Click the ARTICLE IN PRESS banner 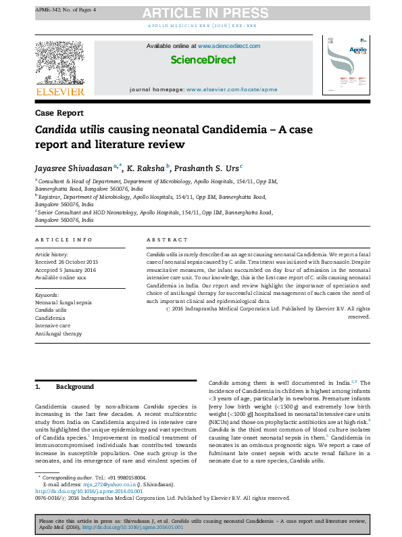(201, 12)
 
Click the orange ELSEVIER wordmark (59, 91)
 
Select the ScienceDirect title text (203, 60)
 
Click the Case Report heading (59, 114)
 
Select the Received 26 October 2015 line (66, 262)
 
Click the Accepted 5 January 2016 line (64, 270)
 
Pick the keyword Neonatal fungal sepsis (64, 302)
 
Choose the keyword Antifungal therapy (59, 334)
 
